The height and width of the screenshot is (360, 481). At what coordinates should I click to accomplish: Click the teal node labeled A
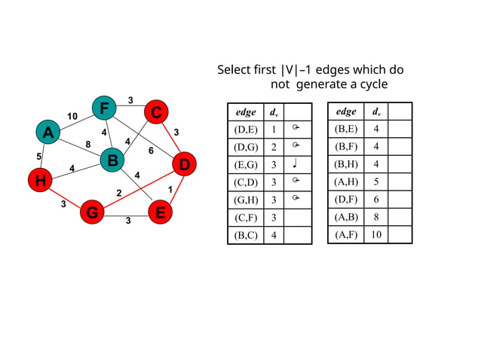tap(48, 133)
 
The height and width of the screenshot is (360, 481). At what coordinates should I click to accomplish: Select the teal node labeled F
tap(103, 108)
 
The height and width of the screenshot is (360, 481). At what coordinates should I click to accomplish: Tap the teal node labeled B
tap(112, 160)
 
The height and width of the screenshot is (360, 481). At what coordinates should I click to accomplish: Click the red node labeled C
tap(155, 112)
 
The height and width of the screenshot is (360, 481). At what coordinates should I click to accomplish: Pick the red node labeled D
tap(184, 163)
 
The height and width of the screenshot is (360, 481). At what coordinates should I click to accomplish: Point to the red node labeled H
tap(39, 180)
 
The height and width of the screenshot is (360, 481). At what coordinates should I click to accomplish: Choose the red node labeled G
tap(91, 212)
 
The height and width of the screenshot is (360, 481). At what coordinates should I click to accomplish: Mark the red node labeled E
tap(159, 213)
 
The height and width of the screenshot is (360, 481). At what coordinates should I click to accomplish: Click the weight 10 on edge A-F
tap(72, 116)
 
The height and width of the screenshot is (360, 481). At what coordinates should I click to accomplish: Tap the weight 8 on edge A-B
tap(88, 145)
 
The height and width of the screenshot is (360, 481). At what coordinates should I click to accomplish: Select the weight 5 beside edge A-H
tap(38, 157)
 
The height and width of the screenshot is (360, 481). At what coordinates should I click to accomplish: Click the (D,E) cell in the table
tap(246, 130)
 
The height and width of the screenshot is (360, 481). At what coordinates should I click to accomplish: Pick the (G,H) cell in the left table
tap(246, 200)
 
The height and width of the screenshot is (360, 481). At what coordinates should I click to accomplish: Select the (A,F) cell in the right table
tap(345, 235)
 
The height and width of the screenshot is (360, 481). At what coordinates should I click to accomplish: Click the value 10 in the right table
tap(375, 235)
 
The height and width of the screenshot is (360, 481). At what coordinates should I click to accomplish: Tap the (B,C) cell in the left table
tap(246, 236)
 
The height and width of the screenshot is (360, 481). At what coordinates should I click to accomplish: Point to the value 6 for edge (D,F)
tap(375, 200)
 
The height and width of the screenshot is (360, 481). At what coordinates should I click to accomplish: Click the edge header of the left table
tap(246, 112)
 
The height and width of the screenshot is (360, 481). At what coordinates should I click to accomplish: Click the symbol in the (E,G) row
tap(296, 165)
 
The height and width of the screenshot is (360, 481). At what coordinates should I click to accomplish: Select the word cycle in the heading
tap(369, 85)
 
